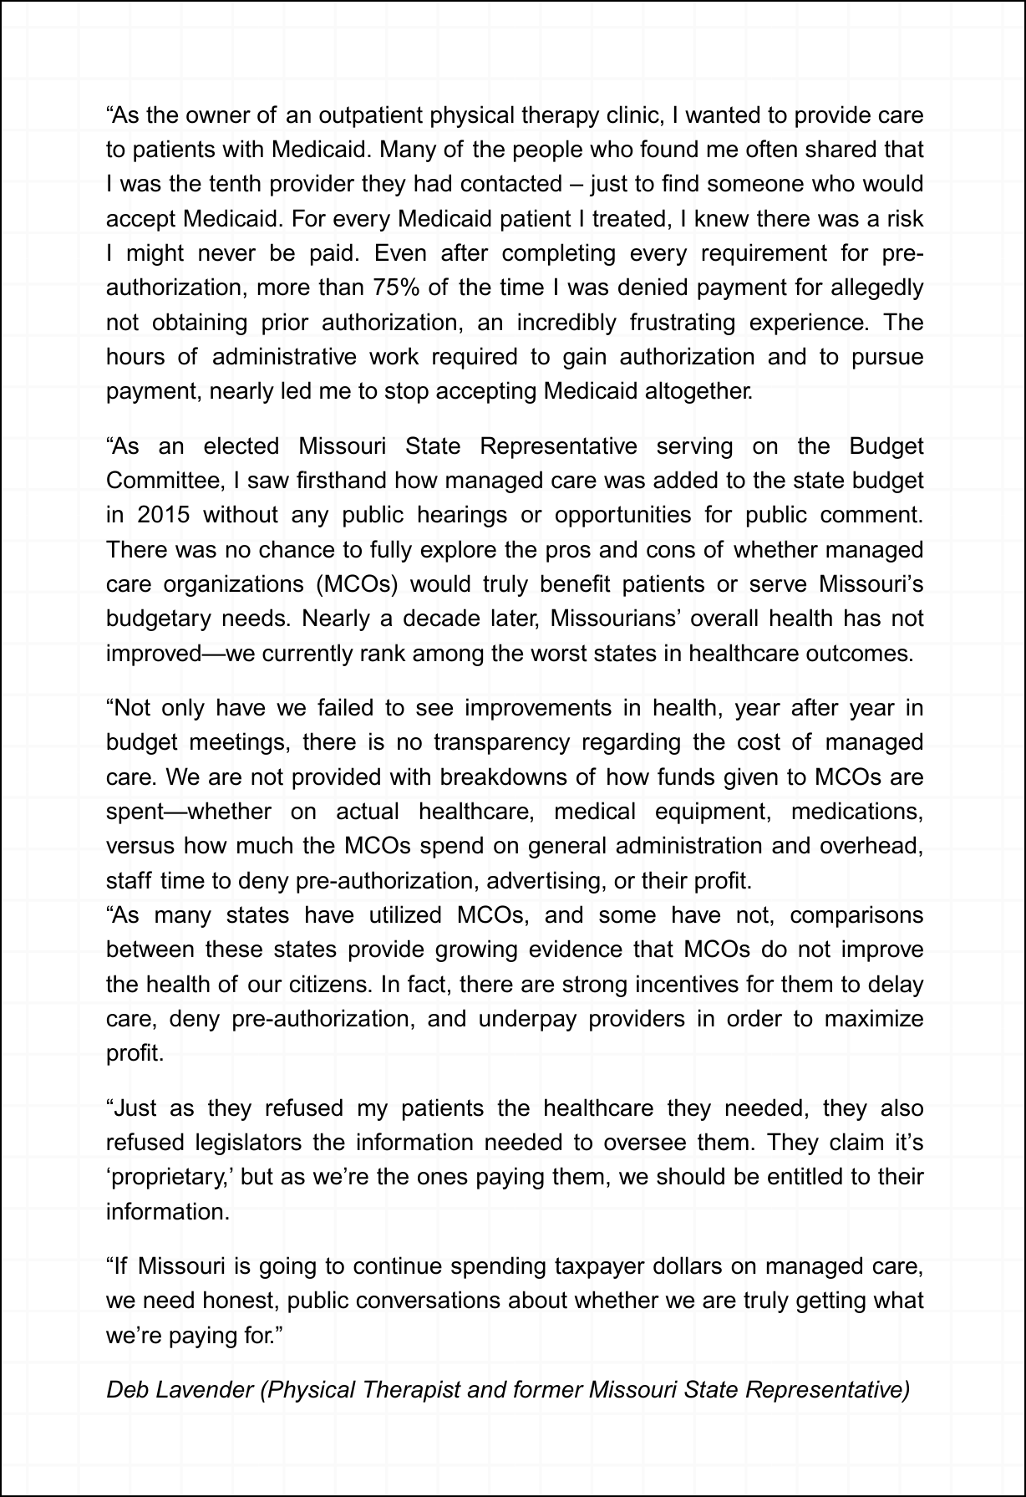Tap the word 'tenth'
pyautogui.click(x=232, y=184)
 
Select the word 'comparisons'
pyautogui.click(x=856, y=914)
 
